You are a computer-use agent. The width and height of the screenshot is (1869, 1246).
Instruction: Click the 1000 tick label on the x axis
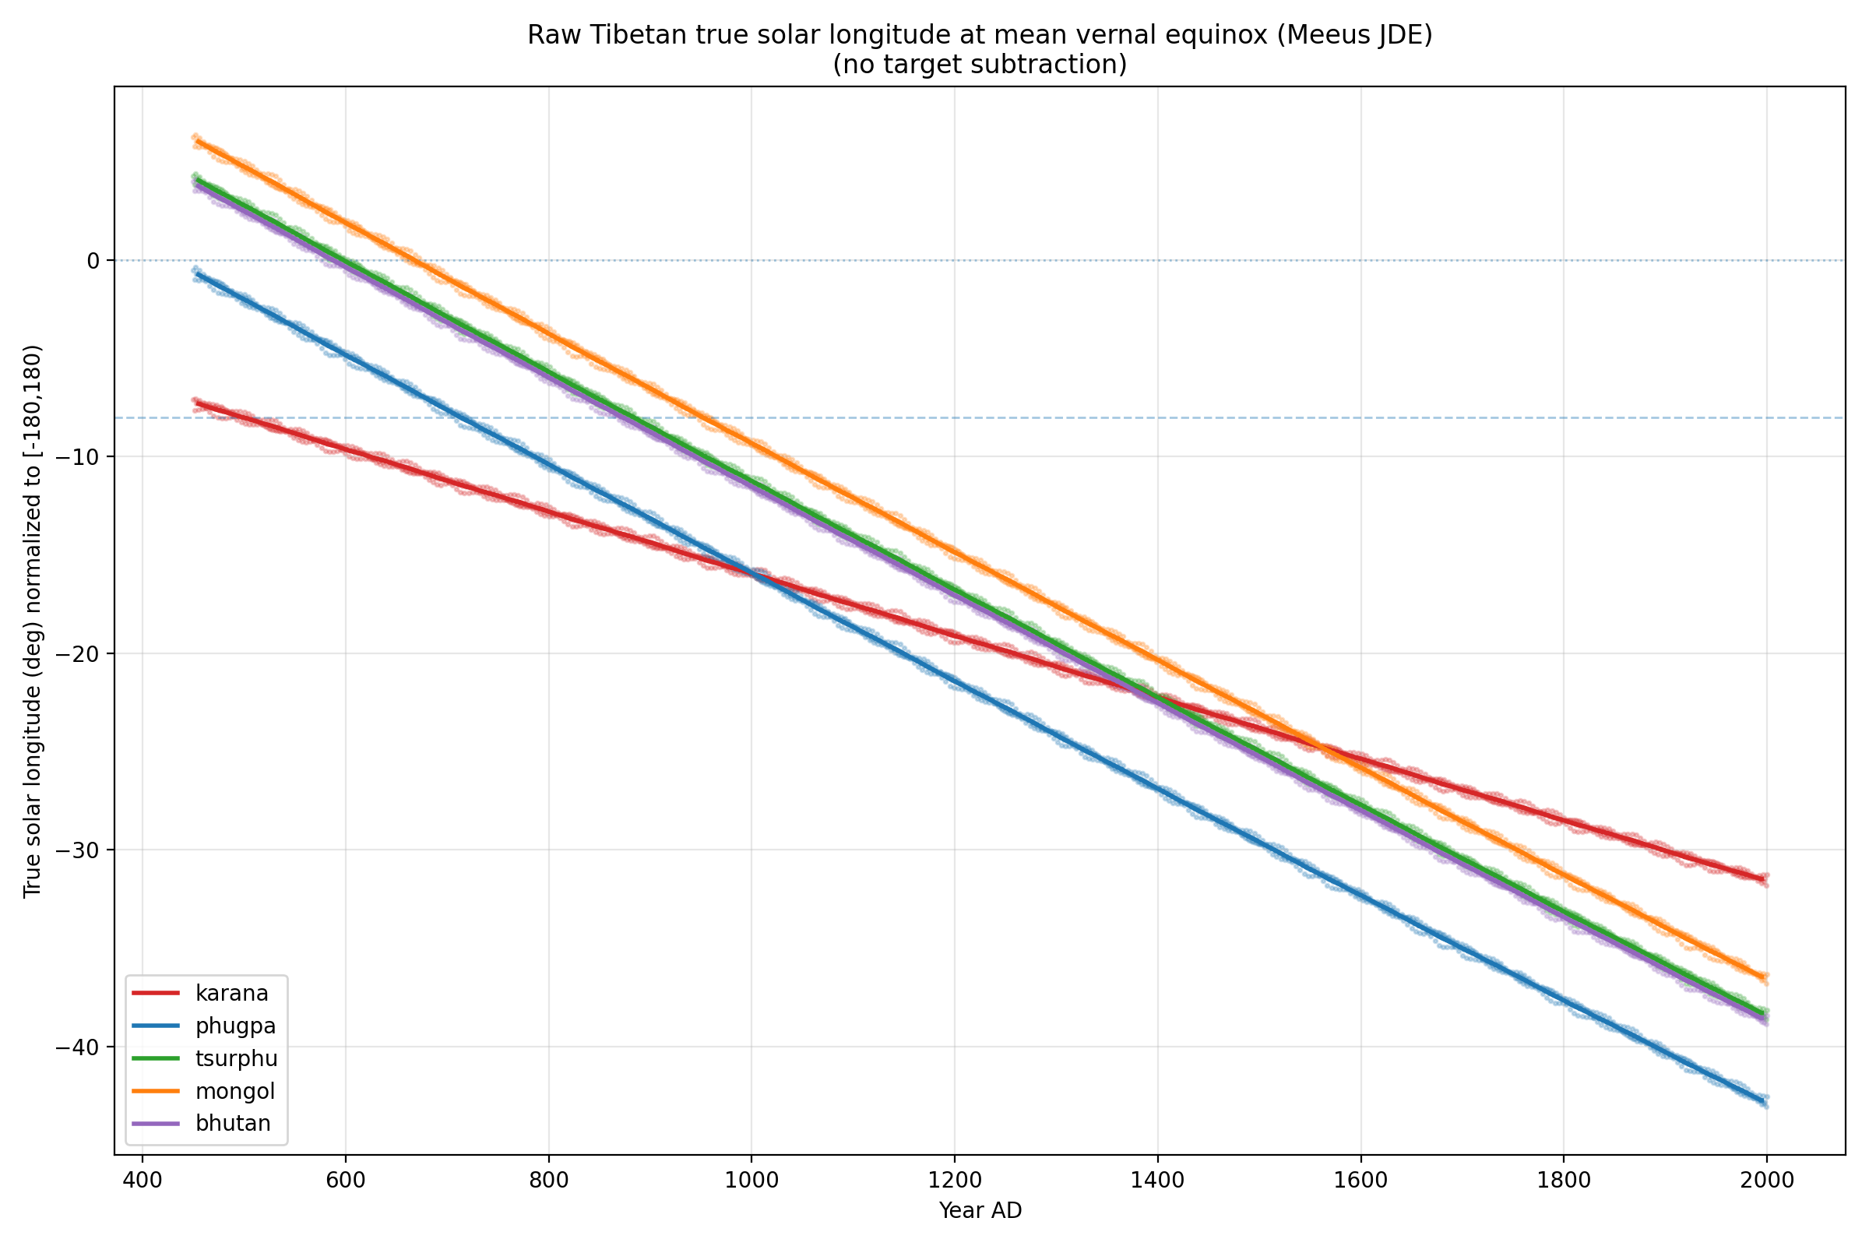(751, 1179)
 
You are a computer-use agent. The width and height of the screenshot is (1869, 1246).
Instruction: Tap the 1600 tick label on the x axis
(1360, 1179)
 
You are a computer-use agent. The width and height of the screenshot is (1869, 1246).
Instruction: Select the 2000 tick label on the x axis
(1766, 1179)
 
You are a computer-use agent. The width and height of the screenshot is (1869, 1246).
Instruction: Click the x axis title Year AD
(980, 1211)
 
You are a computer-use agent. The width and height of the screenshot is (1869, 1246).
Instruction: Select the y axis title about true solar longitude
(33, 621)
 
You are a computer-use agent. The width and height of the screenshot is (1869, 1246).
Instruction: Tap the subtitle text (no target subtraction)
(980, 65)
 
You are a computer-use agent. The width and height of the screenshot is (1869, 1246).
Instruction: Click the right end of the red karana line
(1765, 879)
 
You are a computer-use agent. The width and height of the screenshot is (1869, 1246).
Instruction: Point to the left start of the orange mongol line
(196, 141)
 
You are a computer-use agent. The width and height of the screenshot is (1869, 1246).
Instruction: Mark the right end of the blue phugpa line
(1765, 1101)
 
